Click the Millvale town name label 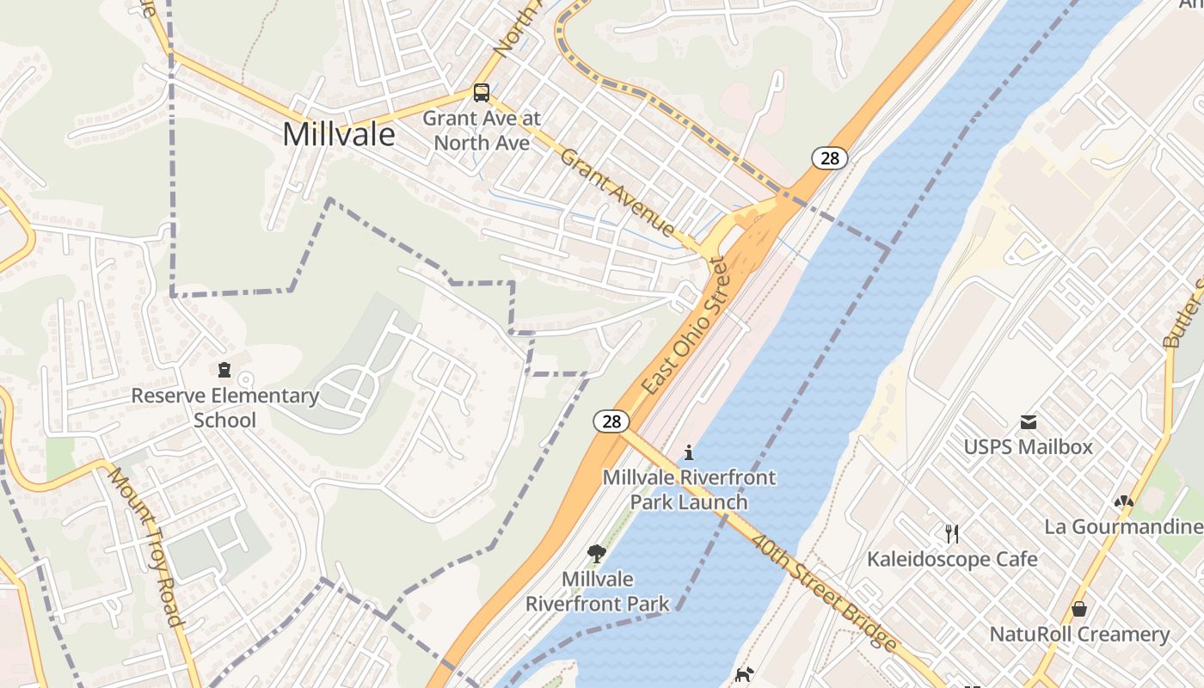(339, 134)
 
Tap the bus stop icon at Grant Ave (482, 92)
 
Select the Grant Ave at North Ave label (482, 130)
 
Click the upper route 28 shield (830, 157)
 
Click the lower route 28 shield (611, 421)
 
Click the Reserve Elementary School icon (224, 371)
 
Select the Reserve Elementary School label (224, 408)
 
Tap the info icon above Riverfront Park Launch (688, 452)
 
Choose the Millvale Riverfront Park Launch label (689, 489)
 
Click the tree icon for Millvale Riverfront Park (597, 553)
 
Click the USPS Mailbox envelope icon (1028, 422)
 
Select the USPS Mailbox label (1028, 447)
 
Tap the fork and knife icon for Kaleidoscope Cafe (952, 534)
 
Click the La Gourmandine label (1123, 526)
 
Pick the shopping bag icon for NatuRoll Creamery (1079, 610)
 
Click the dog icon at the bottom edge (745, 675)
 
